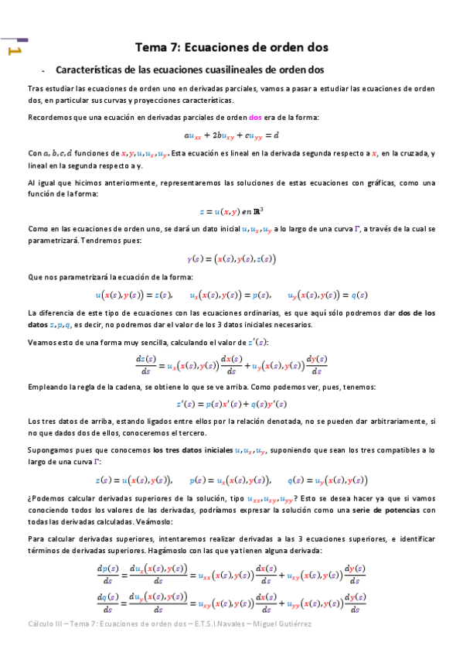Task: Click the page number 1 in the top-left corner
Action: click(13, 50)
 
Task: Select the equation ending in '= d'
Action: click(231, 134)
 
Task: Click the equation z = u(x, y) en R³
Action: click(231, 210)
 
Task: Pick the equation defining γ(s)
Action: click(231, 259)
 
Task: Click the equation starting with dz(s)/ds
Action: click(231, 364)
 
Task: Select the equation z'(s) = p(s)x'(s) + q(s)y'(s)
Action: click(231, 404)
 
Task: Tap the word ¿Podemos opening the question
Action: click(48, 498)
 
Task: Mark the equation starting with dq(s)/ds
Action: click(231, 603)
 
